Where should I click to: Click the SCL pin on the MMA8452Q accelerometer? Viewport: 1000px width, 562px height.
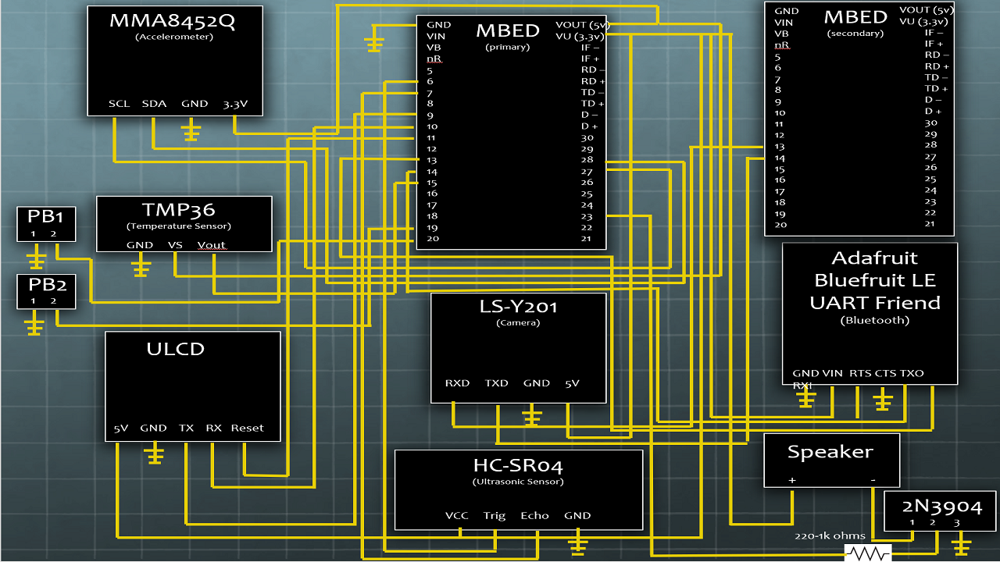click(120, 104)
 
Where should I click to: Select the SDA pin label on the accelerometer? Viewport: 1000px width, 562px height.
click(155, 104)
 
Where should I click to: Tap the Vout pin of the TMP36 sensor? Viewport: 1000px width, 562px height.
click(211, 245)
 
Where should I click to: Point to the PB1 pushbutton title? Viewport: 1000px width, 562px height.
click(46, 216)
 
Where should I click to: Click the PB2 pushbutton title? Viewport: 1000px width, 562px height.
click(46, 285)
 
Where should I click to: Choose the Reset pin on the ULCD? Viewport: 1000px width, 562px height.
click(247, 428)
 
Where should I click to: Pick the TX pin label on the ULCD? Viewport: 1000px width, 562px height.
click(186, 428)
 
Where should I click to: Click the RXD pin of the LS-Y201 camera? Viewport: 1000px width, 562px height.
click(457, 383)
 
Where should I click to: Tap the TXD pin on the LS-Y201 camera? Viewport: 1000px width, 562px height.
click(496, 383)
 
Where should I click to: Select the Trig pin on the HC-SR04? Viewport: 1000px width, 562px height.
click(495, 515)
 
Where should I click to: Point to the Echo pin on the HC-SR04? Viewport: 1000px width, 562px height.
click(534, 515)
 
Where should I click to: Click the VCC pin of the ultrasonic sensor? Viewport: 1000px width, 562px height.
click(456, 515)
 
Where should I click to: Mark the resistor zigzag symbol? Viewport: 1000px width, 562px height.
click(867, 553)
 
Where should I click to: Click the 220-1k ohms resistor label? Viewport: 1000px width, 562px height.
click(830, 536)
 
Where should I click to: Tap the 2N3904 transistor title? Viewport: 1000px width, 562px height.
click(939, 503)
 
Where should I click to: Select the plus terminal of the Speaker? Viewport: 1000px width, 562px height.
click(791, 479)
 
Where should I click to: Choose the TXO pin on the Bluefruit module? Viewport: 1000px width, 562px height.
click(912, 373)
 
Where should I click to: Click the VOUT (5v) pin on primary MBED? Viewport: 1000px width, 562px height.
click(581, 25)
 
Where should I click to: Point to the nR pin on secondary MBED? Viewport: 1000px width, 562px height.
click(782, 45)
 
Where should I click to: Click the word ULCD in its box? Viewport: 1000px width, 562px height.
click(175, 349)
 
